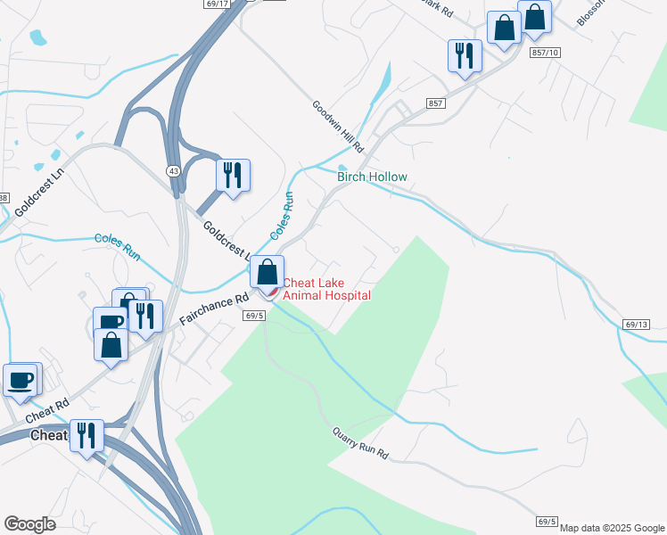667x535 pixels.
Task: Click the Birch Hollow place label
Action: [372, 177]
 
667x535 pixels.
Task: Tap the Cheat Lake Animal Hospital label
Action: [326, 289]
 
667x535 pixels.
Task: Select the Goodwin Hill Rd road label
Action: [338, 125]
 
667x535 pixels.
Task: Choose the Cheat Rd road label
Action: [47, 411]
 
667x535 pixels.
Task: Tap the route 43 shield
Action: [171, 169]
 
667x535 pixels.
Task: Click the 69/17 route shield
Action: [217, 4]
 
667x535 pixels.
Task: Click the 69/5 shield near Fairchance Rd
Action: [253, 315]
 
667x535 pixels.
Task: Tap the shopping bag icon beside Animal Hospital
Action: [267, 271]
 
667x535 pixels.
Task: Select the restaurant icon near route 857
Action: [465, 55]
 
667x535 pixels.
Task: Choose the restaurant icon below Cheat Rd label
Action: [86, 435]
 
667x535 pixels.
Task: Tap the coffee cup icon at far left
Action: [21, 379]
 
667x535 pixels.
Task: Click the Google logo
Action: [29, 523]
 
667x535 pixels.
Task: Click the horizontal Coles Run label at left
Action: [118, 245]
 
